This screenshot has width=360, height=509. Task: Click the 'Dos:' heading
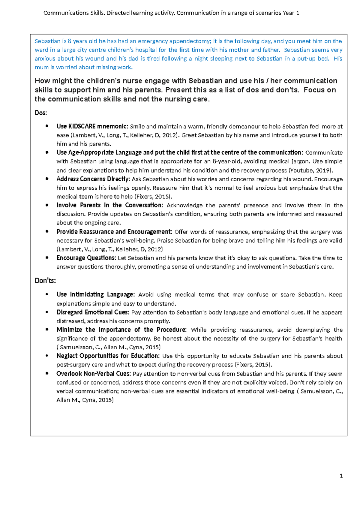41,113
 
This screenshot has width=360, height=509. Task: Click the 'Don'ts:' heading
45,281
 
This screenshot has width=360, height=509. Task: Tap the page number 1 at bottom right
341,476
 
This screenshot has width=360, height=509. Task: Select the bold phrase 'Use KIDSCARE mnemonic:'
92,126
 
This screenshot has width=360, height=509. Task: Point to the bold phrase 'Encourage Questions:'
86,258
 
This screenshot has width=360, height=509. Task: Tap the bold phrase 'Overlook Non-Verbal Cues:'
94,374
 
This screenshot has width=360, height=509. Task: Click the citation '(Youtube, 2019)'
310,170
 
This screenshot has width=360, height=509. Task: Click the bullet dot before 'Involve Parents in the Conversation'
47,206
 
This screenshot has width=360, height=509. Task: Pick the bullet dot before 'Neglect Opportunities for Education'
47,356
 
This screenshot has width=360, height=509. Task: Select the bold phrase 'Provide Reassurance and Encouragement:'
114,232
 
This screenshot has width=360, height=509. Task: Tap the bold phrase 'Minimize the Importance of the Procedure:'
121,330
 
